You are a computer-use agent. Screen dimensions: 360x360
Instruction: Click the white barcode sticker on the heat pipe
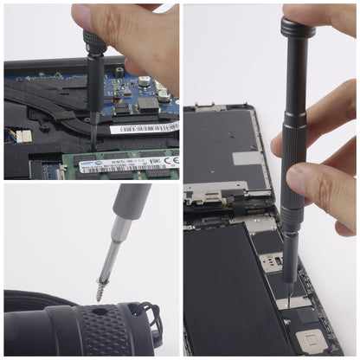[143, 128]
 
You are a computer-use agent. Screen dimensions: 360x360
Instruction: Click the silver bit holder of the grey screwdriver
[119, 234]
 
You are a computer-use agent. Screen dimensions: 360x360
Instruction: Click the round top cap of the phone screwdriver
[298, 29]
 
